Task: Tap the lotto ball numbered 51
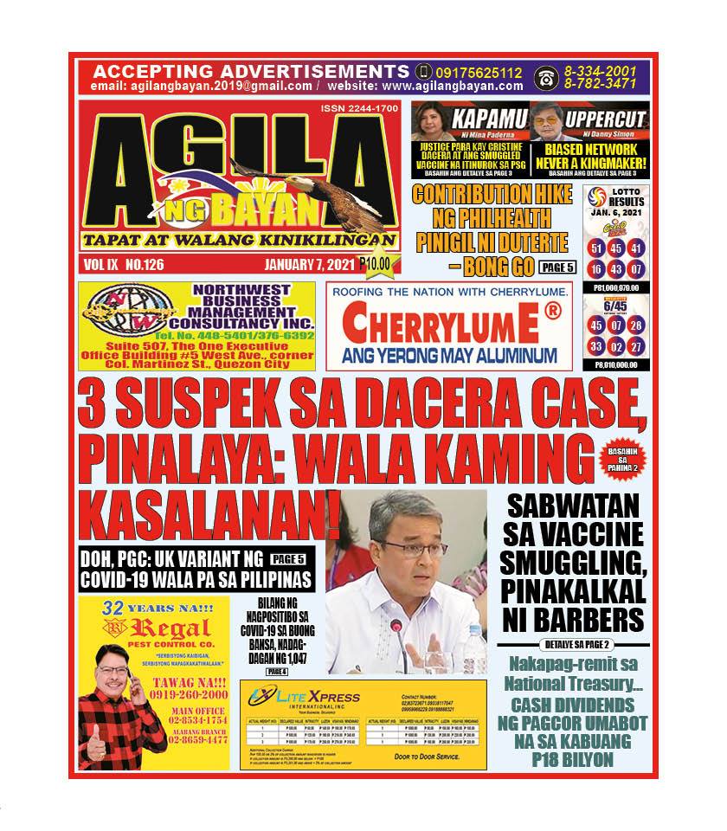click(595, 248)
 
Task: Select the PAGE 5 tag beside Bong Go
click(557, 267)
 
